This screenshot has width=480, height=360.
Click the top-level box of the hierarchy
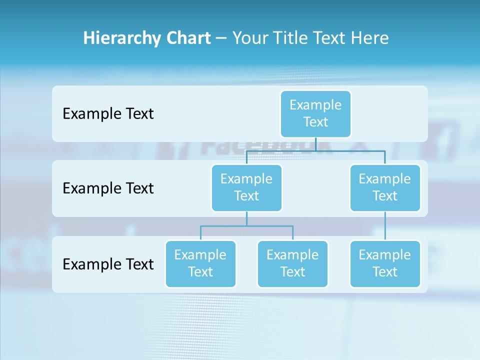click(x=315, y=113)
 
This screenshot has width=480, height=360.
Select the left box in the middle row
click(x=246, y=187)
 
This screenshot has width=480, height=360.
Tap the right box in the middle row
click(x=385, y=187)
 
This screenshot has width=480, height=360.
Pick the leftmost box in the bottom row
click(x=200, y=263)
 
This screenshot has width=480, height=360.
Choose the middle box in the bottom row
click(x=292, y=263)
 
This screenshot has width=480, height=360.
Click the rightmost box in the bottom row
click(x=385, y=263)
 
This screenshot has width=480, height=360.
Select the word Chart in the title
click(x=186, y=38)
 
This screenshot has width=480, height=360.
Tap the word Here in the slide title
click(x=370, y=38)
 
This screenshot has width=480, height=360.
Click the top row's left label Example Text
click(x=108, y=113)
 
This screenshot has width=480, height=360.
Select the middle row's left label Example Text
click(x=108, y=188)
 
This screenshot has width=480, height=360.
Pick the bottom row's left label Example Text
click(x=108, y=263)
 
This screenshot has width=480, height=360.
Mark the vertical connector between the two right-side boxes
click(x=385, y=226)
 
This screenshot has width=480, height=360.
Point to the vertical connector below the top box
click(x=315, y=144)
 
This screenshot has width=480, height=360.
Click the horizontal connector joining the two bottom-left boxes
click(x=246, y=226)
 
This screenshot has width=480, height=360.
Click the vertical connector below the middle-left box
click(x=246, y=218)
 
